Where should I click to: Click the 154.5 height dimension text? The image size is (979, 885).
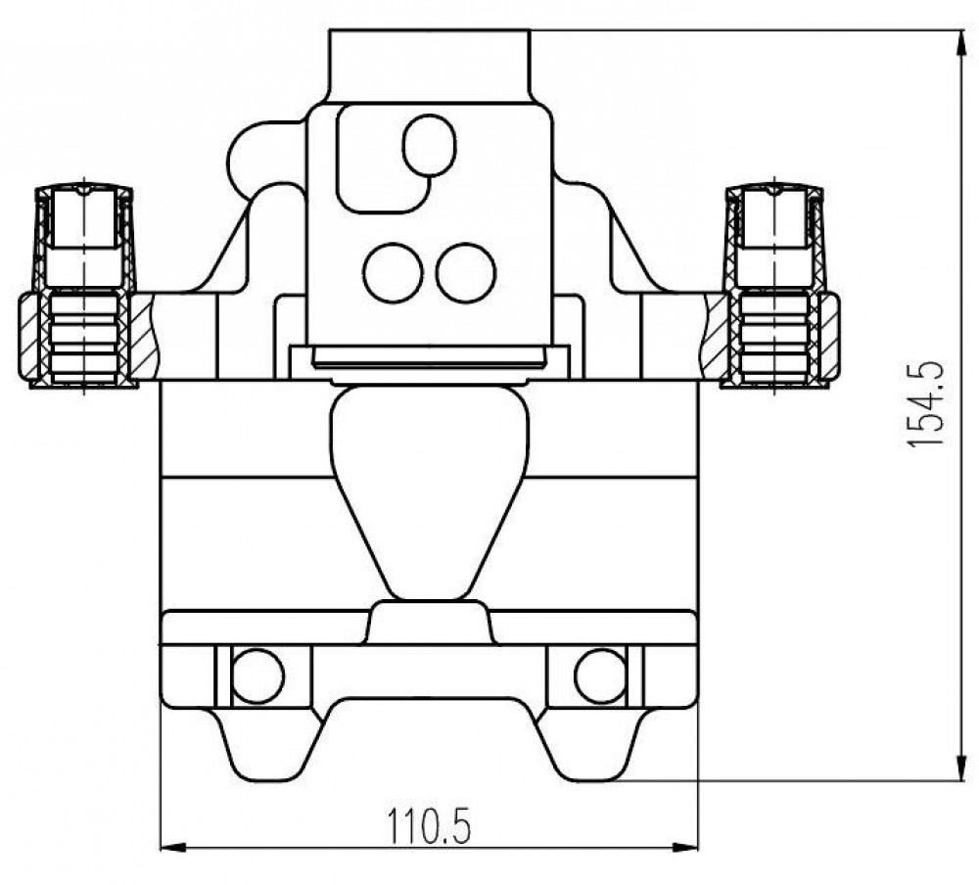pos(925,403)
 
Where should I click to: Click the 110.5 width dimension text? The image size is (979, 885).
pos(429,825)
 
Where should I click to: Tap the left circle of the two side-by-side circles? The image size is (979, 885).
pos(393,273)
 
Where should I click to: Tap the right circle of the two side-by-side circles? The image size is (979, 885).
pos(466,273)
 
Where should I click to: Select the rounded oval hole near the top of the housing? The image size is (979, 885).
pos(430,145)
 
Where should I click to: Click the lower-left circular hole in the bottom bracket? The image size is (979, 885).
pos(257,675)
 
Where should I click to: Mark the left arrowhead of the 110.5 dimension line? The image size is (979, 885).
pos(174,848)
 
